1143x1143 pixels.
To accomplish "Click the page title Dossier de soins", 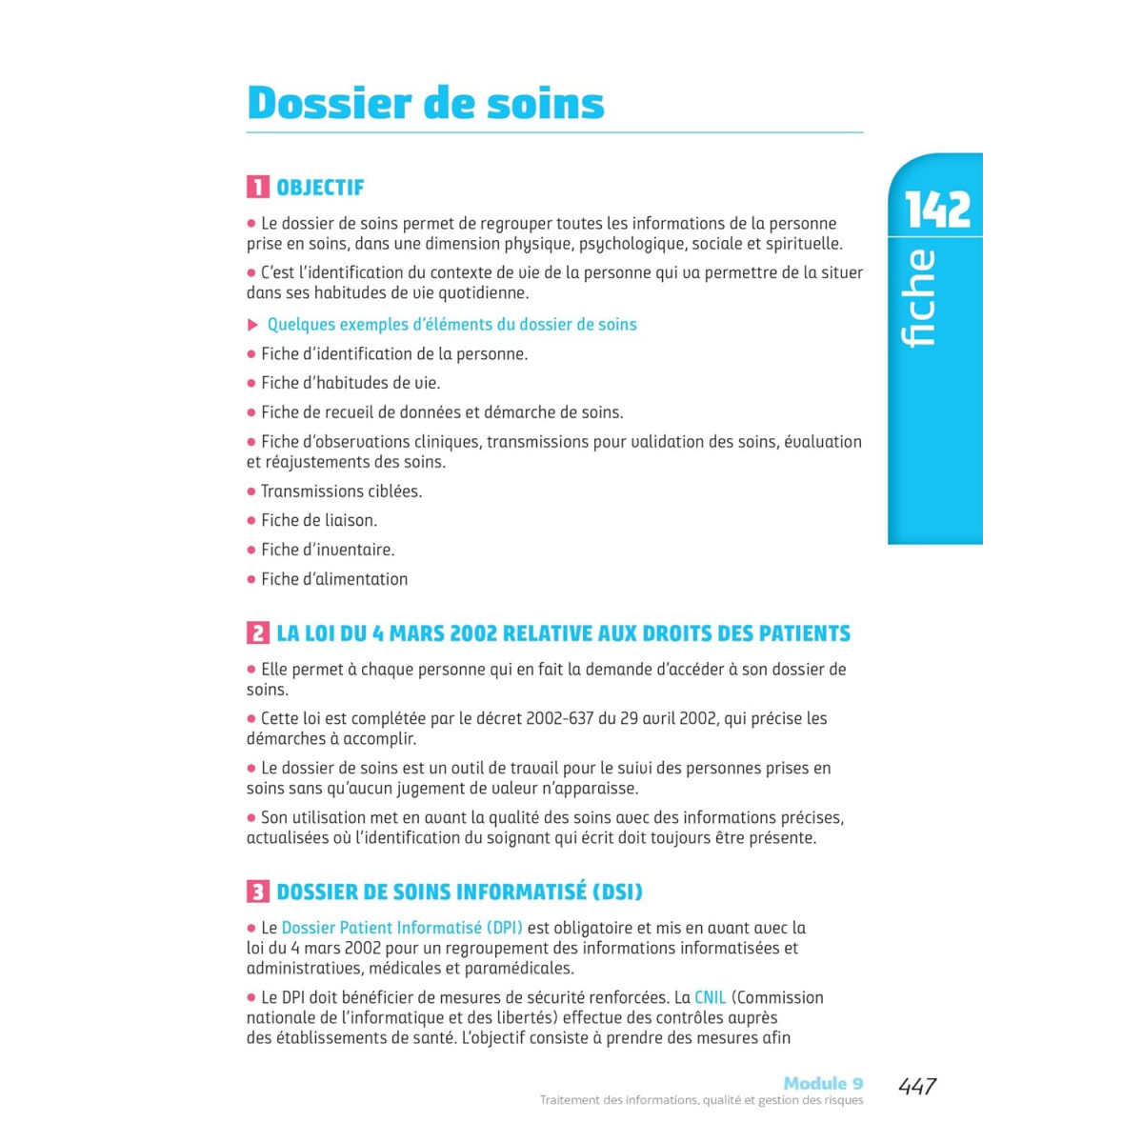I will (x=425, y=103).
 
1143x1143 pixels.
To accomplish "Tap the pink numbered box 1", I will (x=257, y=187).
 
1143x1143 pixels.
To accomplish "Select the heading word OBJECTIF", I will (x=320, y=188).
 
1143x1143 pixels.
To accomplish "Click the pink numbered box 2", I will (x=257, y=633).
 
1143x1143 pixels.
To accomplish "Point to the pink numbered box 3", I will (x=257, y=892).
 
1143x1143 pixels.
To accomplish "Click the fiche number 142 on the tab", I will (x=937, y=210).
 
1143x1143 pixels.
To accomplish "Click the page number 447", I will (x=917, y=1086).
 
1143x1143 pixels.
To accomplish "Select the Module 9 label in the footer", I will (x=823, y=1083).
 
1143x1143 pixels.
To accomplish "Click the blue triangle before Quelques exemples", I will (x=252, y=325).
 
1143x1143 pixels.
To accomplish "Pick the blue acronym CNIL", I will (x=710, y=997).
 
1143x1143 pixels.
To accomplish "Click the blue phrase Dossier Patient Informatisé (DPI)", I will (x=402, y=927).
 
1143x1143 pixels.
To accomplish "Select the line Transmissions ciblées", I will (x=341, y=491).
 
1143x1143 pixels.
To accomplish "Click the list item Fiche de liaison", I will (x=318, y=520).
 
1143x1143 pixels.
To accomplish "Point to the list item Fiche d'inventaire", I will (x=327, y=550).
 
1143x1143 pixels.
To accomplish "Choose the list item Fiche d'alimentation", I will (x=333, y=579).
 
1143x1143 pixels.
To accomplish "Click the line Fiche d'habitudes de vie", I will (x=350, y=383).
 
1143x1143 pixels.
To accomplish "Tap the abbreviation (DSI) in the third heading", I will (x=617, y=892).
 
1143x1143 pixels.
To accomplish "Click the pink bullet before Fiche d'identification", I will (x=251, y=354).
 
